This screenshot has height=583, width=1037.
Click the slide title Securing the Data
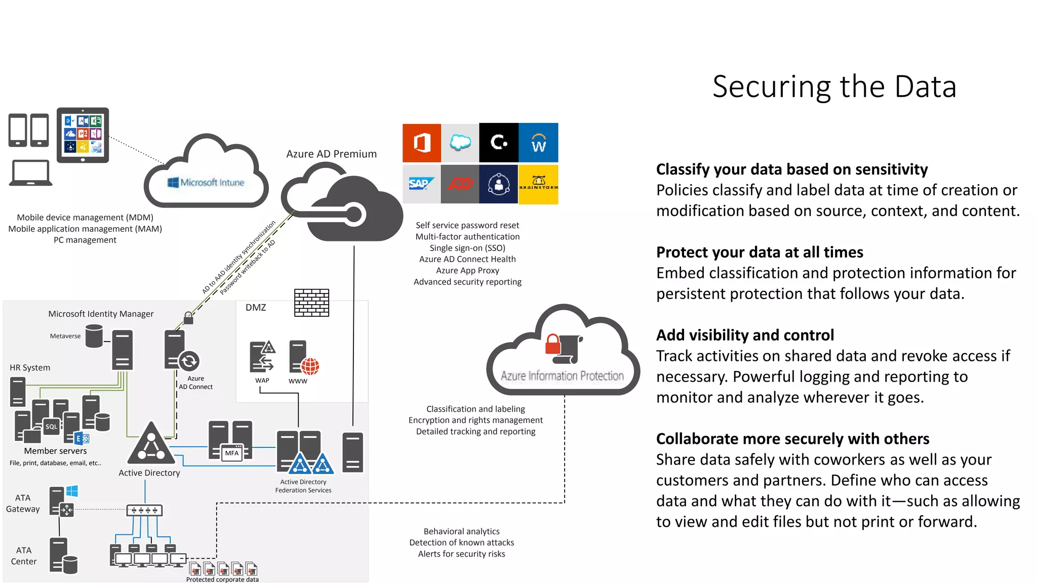[834, 87]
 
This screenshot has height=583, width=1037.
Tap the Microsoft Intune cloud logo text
[206, 182]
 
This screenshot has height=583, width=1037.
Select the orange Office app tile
[422, 143]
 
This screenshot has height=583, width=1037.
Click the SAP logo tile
[421, 184]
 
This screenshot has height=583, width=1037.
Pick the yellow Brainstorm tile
[538, 184]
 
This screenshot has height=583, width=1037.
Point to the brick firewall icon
[311, 303]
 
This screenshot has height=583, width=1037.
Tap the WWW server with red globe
[303, 358]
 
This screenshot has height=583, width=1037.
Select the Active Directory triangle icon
[151, 444]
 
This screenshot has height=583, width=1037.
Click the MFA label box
[232, 453]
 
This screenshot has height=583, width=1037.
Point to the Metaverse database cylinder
[94, 336]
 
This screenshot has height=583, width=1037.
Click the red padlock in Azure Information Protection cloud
[552, 345]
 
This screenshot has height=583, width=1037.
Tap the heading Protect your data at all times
[760, 252]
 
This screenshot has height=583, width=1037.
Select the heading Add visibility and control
[745, 335]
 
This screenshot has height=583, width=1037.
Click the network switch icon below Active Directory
[145, 510]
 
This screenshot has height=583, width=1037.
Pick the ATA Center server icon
[63, 556]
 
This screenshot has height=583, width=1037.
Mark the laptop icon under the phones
[30, 173]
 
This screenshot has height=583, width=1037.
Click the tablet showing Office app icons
[83, 135]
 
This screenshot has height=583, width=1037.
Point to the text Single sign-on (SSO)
[467, 248]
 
